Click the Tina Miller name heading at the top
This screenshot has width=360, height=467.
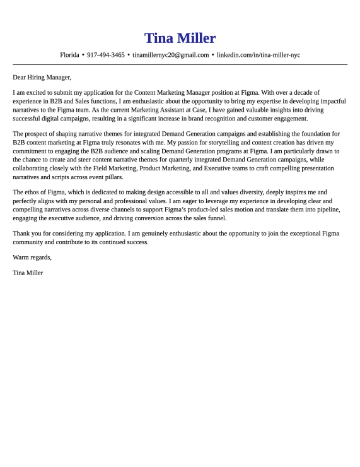click(x=180, y=38)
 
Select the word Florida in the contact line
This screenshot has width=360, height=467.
click(x=69, y=55)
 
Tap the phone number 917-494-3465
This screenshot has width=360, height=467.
click(x=106, y=55)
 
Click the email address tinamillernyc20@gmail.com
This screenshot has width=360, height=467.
click(x=170, y=55)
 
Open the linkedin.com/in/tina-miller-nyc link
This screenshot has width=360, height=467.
click(x=258, y=55)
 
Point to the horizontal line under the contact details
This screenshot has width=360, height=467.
click(x=180, y=64)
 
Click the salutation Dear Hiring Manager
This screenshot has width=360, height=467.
click(x=42, y=78)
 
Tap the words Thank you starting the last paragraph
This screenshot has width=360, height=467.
click(x=26, y=233)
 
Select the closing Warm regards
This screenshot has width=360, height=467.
click(x=32, y=257)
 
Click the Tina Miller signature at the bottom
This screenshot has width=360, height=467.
click(x=28, y=273)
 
